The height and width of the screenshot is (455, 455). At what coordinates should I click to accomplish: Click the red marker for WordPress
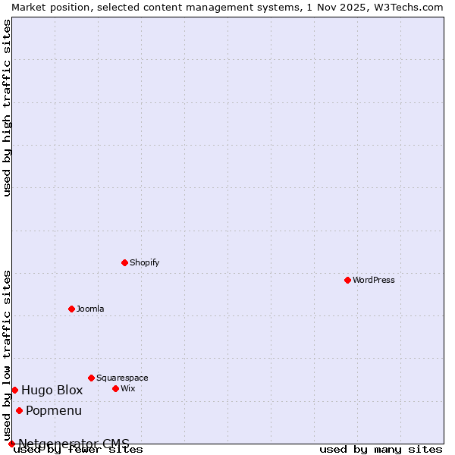(347, 280)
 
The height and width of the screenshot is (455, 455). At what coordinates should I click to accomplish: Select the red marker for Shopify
(124, 262)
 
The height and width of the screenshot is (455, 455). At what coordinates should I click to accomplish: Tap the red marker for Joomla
(71, 309)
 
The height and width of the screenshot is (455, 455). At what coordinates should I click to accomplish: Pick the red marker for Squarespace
(91, 378)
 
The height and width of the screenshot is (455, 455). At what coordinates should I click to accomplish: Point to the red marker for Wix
(115, 388)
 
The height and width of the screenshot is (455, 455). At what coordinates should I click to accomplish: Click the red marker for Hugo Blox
(14, 390)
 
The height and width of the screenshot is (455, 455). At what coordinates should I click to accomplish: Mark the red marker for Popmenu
(19, 410)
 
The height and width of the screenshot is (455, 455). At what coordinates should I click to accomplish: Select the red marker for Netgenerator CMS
(11, 444)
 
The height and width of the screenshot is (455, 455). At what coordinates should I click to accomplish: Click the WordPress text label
(374, 280)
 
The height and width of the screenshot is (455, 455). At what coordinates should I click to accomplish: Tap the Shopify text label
(145, 262)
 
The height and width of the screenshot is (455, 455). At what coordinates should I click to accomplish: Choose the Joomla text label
(90, 309)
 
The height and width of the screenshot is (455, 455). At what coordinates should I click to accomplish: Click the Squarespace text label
(122, 378)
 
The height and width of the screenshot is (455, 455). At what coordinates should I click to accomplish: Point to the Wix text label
(128, 388)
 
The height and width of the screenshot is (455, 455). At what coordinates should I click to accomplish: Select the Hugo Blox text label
(52, 390)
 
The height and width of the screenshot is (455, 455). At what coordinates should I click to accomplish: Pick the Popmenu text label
(54, 410)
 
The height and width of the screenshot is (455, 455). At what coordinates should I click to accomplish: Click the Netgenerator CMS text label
(74, 444)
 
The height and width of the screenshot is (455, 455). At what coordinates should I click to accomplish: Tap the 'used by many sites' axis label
(381, 449)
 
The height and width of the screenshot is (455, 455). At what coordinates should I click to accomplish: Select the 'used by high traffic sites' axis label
(8, 108)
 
